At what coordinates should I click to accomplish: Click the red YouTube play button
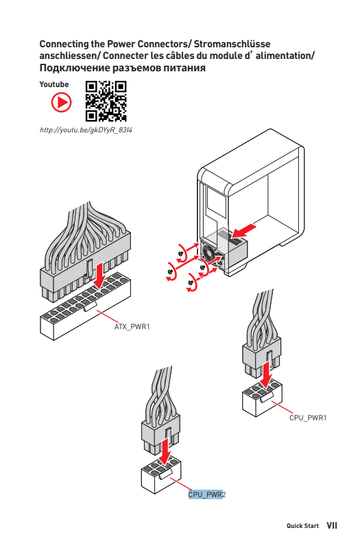click(62, 102)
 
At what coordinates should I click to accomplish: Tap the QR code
click(106, 101)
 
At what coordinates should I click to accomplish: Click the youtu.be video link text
click(86, 130)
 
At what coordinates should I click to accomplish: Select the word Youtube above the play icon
click(54, 84)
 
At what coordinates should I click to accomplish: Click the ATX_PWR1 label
click(132, 326)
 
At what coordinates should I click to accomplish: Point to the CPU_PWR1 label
click(308, 418)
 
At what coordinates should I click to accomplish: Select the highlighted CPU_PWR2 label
click(207, 494)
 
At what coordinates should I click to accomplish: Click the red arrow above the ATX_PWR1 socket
click(99, 276)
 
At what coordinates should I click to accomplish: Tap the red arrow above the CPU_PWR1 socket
click(266, 374)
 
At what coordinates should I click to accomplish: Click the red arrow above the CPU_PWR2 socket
click(166, 451)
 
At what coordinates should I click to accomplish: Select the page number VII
click(332, 525)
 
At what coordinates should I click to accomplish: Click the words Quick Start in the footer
click(302, 526)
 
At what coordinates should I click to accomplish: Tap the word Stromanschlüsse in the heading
click(232, 44)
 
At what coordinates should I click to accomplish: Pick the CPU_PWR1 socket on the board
click(263, 398)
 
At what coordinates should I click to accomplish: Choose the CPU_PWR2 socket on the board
click(161, 474)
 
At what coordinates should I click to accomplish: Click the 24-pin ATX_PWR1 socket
click(85, 306)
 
